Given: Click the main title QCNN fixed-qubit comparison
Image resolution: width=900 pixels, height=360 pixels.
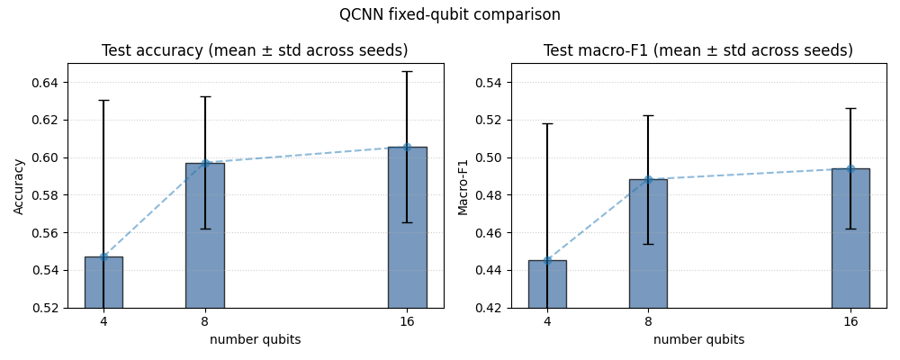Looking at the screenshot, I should [x=449, y=15].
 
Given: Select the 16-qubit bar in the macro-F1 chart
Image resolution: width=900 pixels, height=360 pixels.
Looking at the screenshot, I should [x=850, y=238].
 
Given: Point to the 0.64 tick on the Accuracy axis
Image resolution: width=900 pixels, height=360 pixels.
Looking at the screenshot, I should [x=45, y=83].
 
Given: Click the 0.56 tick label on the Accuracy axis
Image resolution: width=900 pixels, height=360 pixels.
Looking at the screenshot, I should [x=45, y=233].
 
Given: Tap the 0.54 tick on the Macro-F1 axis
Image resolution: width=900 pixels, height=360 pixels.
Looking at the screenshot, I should [x=489, y=83].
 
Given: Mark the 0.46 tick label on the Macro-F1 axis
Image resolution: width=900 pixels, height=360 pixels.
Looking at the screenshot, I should [x=489, y=233].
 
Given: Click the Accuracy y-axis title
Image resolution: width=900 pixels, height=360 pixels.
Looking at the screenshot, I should [x=19, y=185].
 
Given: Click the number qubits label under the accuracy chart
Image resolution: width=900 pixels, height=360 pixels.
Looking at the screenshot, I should [x=255, y=340].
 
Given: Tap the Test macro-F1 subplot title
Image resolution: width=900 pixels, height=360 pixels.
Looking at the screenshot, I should [x=698, y=51].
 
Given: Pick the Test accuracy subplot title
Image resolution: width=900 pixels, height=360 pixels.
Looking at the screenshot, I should [x=255, y=51].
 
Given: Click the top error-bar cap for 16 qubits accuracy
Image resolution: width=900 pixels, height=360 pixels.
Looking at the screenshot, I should [x=407, y=71].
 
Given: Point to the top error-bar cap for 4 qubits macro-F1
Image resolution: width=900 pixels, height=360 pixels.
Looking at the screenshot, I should [x=547, y=123].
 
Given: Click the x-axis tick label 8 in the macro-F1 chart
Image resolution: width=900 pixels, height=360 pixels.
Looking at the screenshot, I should [x=648, y=321].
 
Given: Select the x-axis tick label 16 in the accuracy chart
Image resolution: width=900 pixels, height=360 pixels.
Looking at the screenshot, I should [x=407, y=321].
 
